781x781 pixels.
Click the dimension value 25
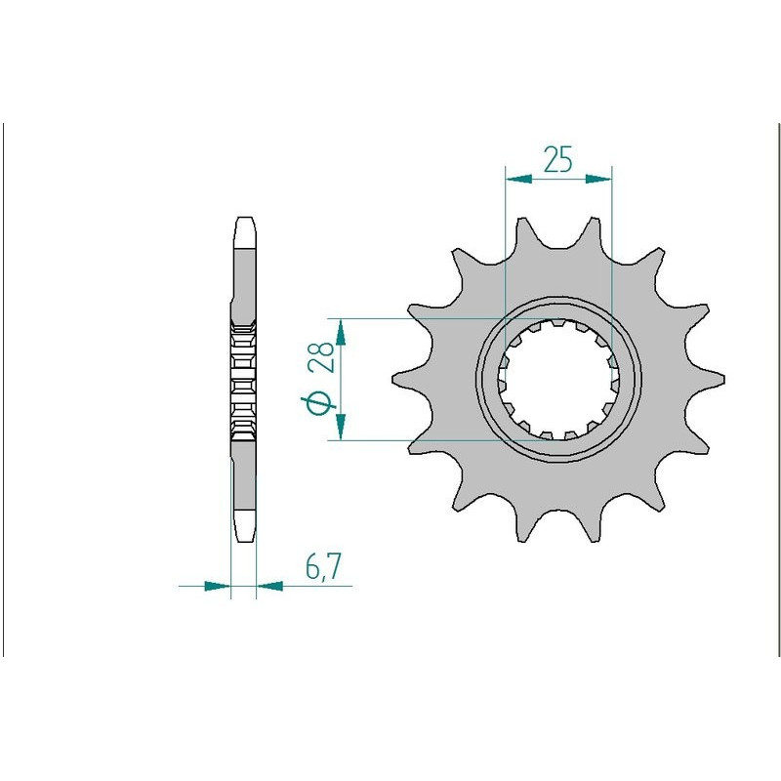(x=557, y=159)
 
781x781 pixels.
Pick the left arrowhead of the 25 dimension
(x=518, y=179)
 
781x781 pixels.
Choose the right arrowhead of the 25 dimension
(x=598, y=179)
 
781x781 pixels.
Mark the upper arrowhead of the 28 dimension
(x=341, y=332)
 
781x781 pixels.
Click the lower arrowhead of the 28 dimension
(x=341, y=427)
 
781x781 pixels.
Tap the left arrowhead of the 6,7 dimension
(x=218, y=586)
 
